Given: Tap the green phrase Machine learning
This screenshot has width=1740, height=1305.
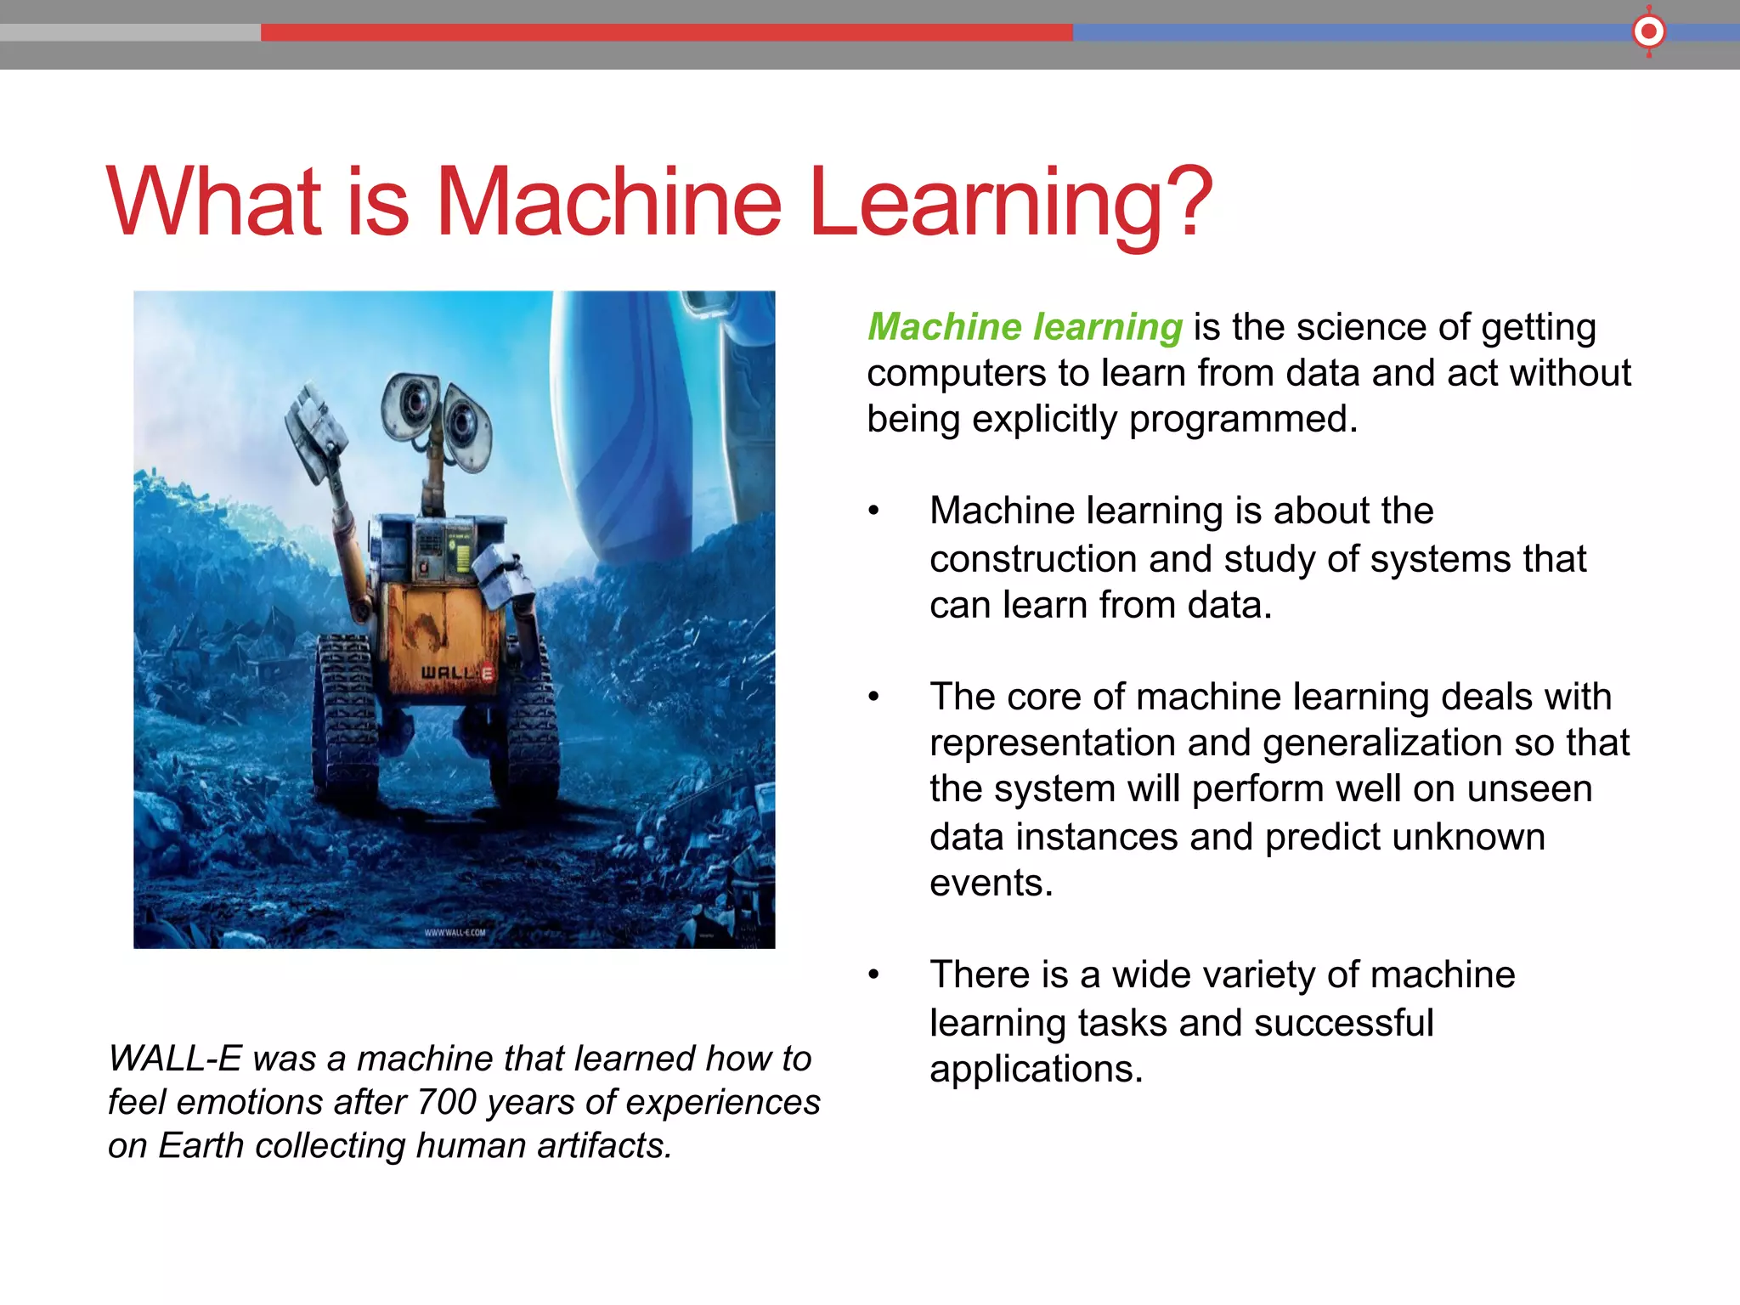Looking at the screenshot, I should [x=1025, y=327].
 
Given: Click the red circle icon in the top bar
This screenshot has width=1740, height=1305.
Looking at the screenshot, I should [x=1648, y=32].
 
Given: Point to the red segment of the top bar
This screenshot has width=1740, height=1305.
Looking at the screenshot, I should [x=666, y=32].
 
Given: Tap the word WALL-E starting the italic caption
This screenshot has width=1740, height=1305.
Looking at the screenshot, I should [x=175, y=1059].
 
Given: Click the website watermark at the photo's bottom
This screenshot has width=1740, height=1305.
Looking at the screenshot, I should [x=455, y=932].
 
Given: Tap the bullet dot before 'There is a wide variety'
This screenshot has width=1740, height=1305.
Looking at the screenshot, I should [x=873, y=975].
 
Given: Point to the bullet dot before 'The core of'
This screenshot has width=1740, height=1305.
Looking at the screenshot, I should [x=873, y=697].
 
